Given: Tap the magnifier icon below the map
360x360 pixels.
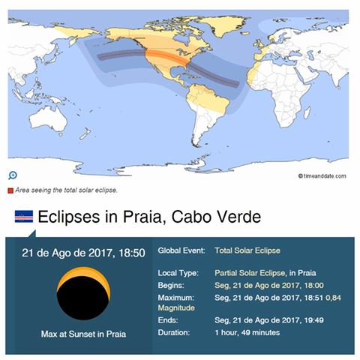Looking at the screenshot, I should [x=13, y=175].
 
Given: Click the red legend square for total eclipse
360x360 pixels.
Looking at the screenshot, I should [x=10, y=190].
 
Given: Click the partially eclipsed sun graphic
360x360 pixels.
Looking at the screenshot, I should [x=84, y=295].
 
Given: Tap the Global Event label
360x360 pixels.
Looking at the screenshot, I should [x=183, y=250].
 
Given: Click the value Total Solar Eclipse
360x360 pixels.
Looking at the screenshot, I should [x=247, y=250].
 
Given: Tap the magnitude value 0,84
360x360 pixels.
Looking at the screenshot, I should [x=339, y=298].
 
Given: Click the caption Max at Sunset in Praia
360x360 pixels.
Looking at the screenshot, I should [x=82, y=334].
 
